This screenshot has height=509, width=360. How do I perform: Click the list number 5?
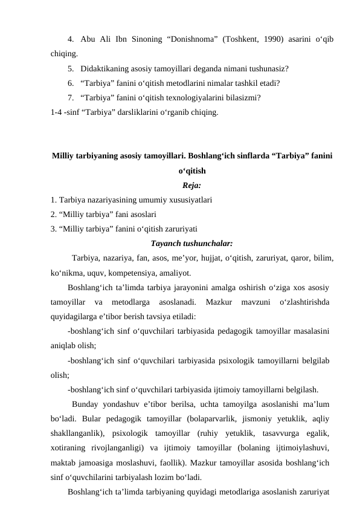coord(71,68)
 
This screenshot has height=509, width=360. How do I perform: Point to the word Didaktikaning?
coord(104,68)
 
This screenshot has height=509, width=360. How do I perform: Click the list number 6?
coord(71,83)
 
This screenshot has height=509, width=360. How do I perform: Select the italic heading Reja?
coord(191,184)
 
